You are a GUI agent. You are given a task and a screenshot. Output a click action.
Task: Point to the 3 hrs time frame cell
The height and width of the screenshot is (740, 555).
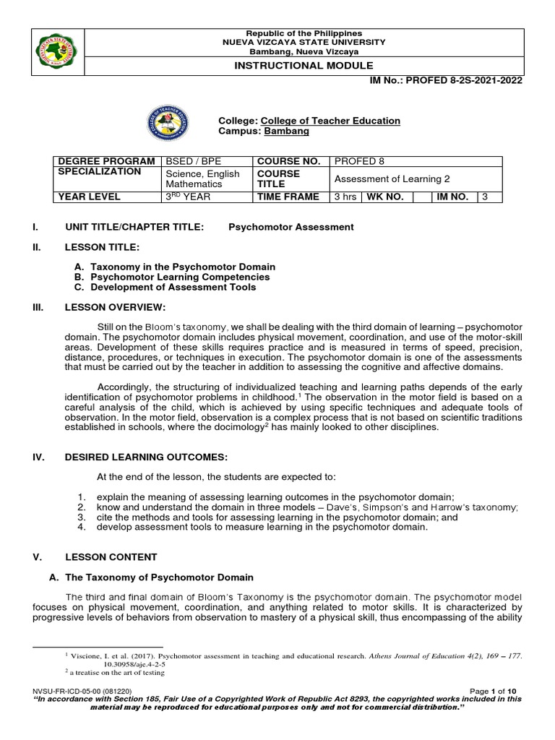point(345,197)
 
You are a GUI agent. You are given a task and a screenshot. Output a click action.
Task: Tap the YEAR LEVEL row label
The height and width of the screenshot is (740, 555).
point(91,197)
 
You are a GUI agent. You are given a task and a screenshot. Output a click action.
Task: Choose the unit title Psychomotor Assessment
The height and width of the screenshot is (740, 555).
point(291,227)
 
